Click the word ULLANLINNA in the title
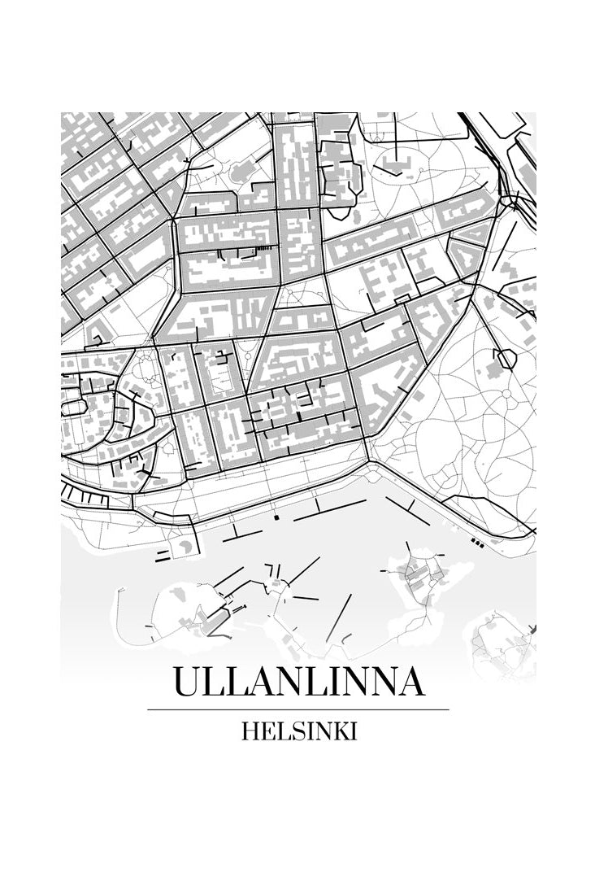pos(298,682)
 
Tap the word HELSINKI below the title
pos(298,731)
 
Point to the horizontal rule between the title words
pos(298,709)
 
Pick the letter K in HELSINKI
pos(338,731)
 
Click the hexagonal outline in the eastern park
pos(505,357)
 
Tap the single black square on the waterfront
pos(276,517)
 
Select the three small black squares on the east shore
pos(478,542)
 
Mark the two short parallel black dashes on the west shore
pos(163,557)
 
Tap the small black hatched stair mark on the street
pos(263,247)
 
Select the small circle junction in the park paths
pos(506,395)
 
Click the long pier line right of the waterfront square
pos(329,510)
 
